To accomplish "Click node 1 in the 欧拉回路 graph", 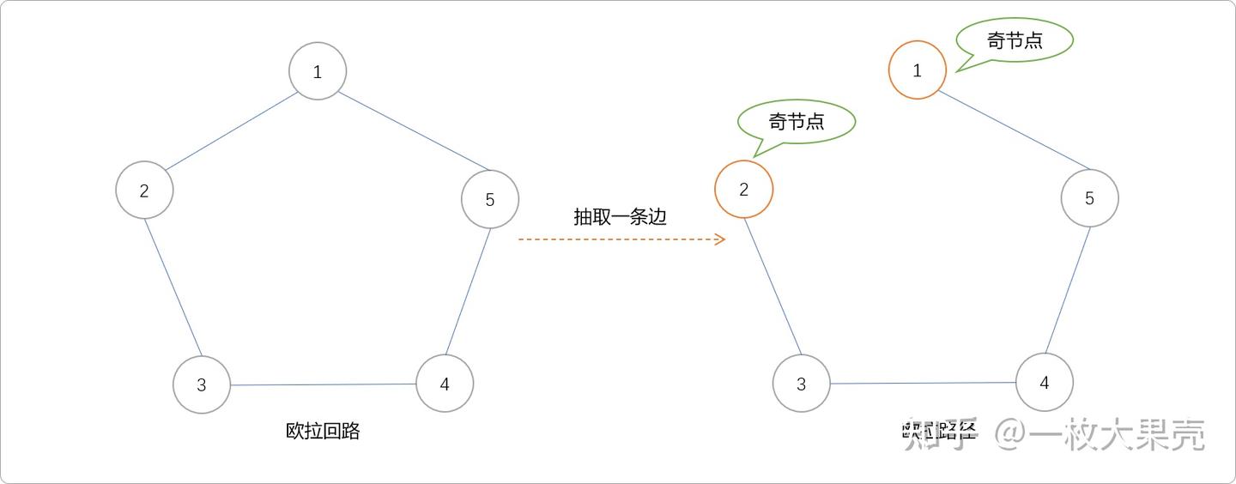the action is tap(318, 71).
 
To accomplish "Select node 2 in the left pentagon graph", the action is tap(144, 190).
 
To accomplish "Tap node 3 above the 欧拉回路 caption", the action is tap(202, 384).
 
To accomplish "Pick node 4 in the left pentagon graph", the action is tap(445, 383).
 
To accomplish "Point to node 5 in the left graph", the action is tap(490, 199).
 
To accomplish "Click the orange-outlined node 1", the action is tap(917, 70).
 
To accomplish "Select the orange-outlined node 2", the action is tap(743, 189).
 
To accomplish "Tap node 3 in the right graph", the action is tap(801, 384).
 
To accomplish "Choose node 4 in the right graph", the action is tap(1044, 382).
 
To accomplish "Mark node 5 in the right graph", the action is tap(1089, 198).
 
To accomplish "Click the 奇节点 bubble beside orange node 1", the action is tap(1015, 40).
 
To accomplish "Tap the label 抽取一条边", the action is tap(620, 216).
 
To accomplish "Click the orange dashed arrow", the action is tap(621, 239).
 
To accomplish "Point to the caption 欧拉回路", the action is tap(323, 431).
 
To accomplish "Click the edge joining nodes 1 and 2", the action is tap(230, 131).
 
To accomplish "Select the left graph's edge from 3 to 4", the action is tap(323, 384).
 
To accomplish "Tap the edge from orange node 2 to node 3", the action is tap(772, 287).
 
